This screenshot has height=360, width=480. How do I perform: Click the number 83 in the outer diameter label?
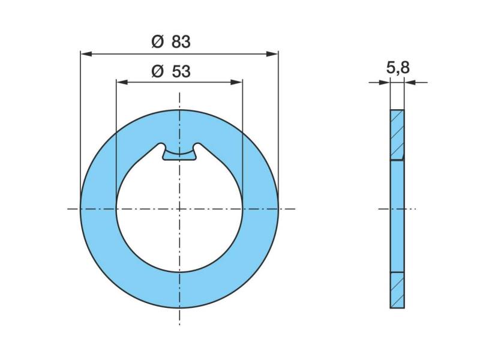tap(181, 41)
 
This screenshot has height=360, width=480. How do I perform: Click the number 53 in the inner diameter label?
tap(181, 71)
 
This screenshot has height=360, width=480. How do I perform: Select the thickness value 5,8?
tap(398, 68)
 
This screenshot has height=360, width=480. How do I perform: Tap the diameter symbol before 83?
tap(158, 41)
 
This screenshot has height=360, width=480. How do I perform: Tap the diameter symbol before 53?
tap(158, 71)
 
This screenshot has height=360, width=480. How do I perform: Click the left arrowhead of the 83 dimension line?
tap(86, 54)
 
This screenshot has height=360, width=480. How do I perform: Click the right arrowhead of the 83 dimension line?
tap(272, 54)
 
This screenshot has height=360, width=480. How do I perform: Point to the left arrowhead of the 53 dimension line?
tap(122, 82)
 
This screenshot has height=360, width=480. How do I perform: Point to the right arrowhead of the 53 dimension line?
tap(236, 82)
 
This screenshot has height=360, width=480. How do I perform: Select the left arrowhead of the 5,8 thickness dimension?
tap(385, 82)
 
